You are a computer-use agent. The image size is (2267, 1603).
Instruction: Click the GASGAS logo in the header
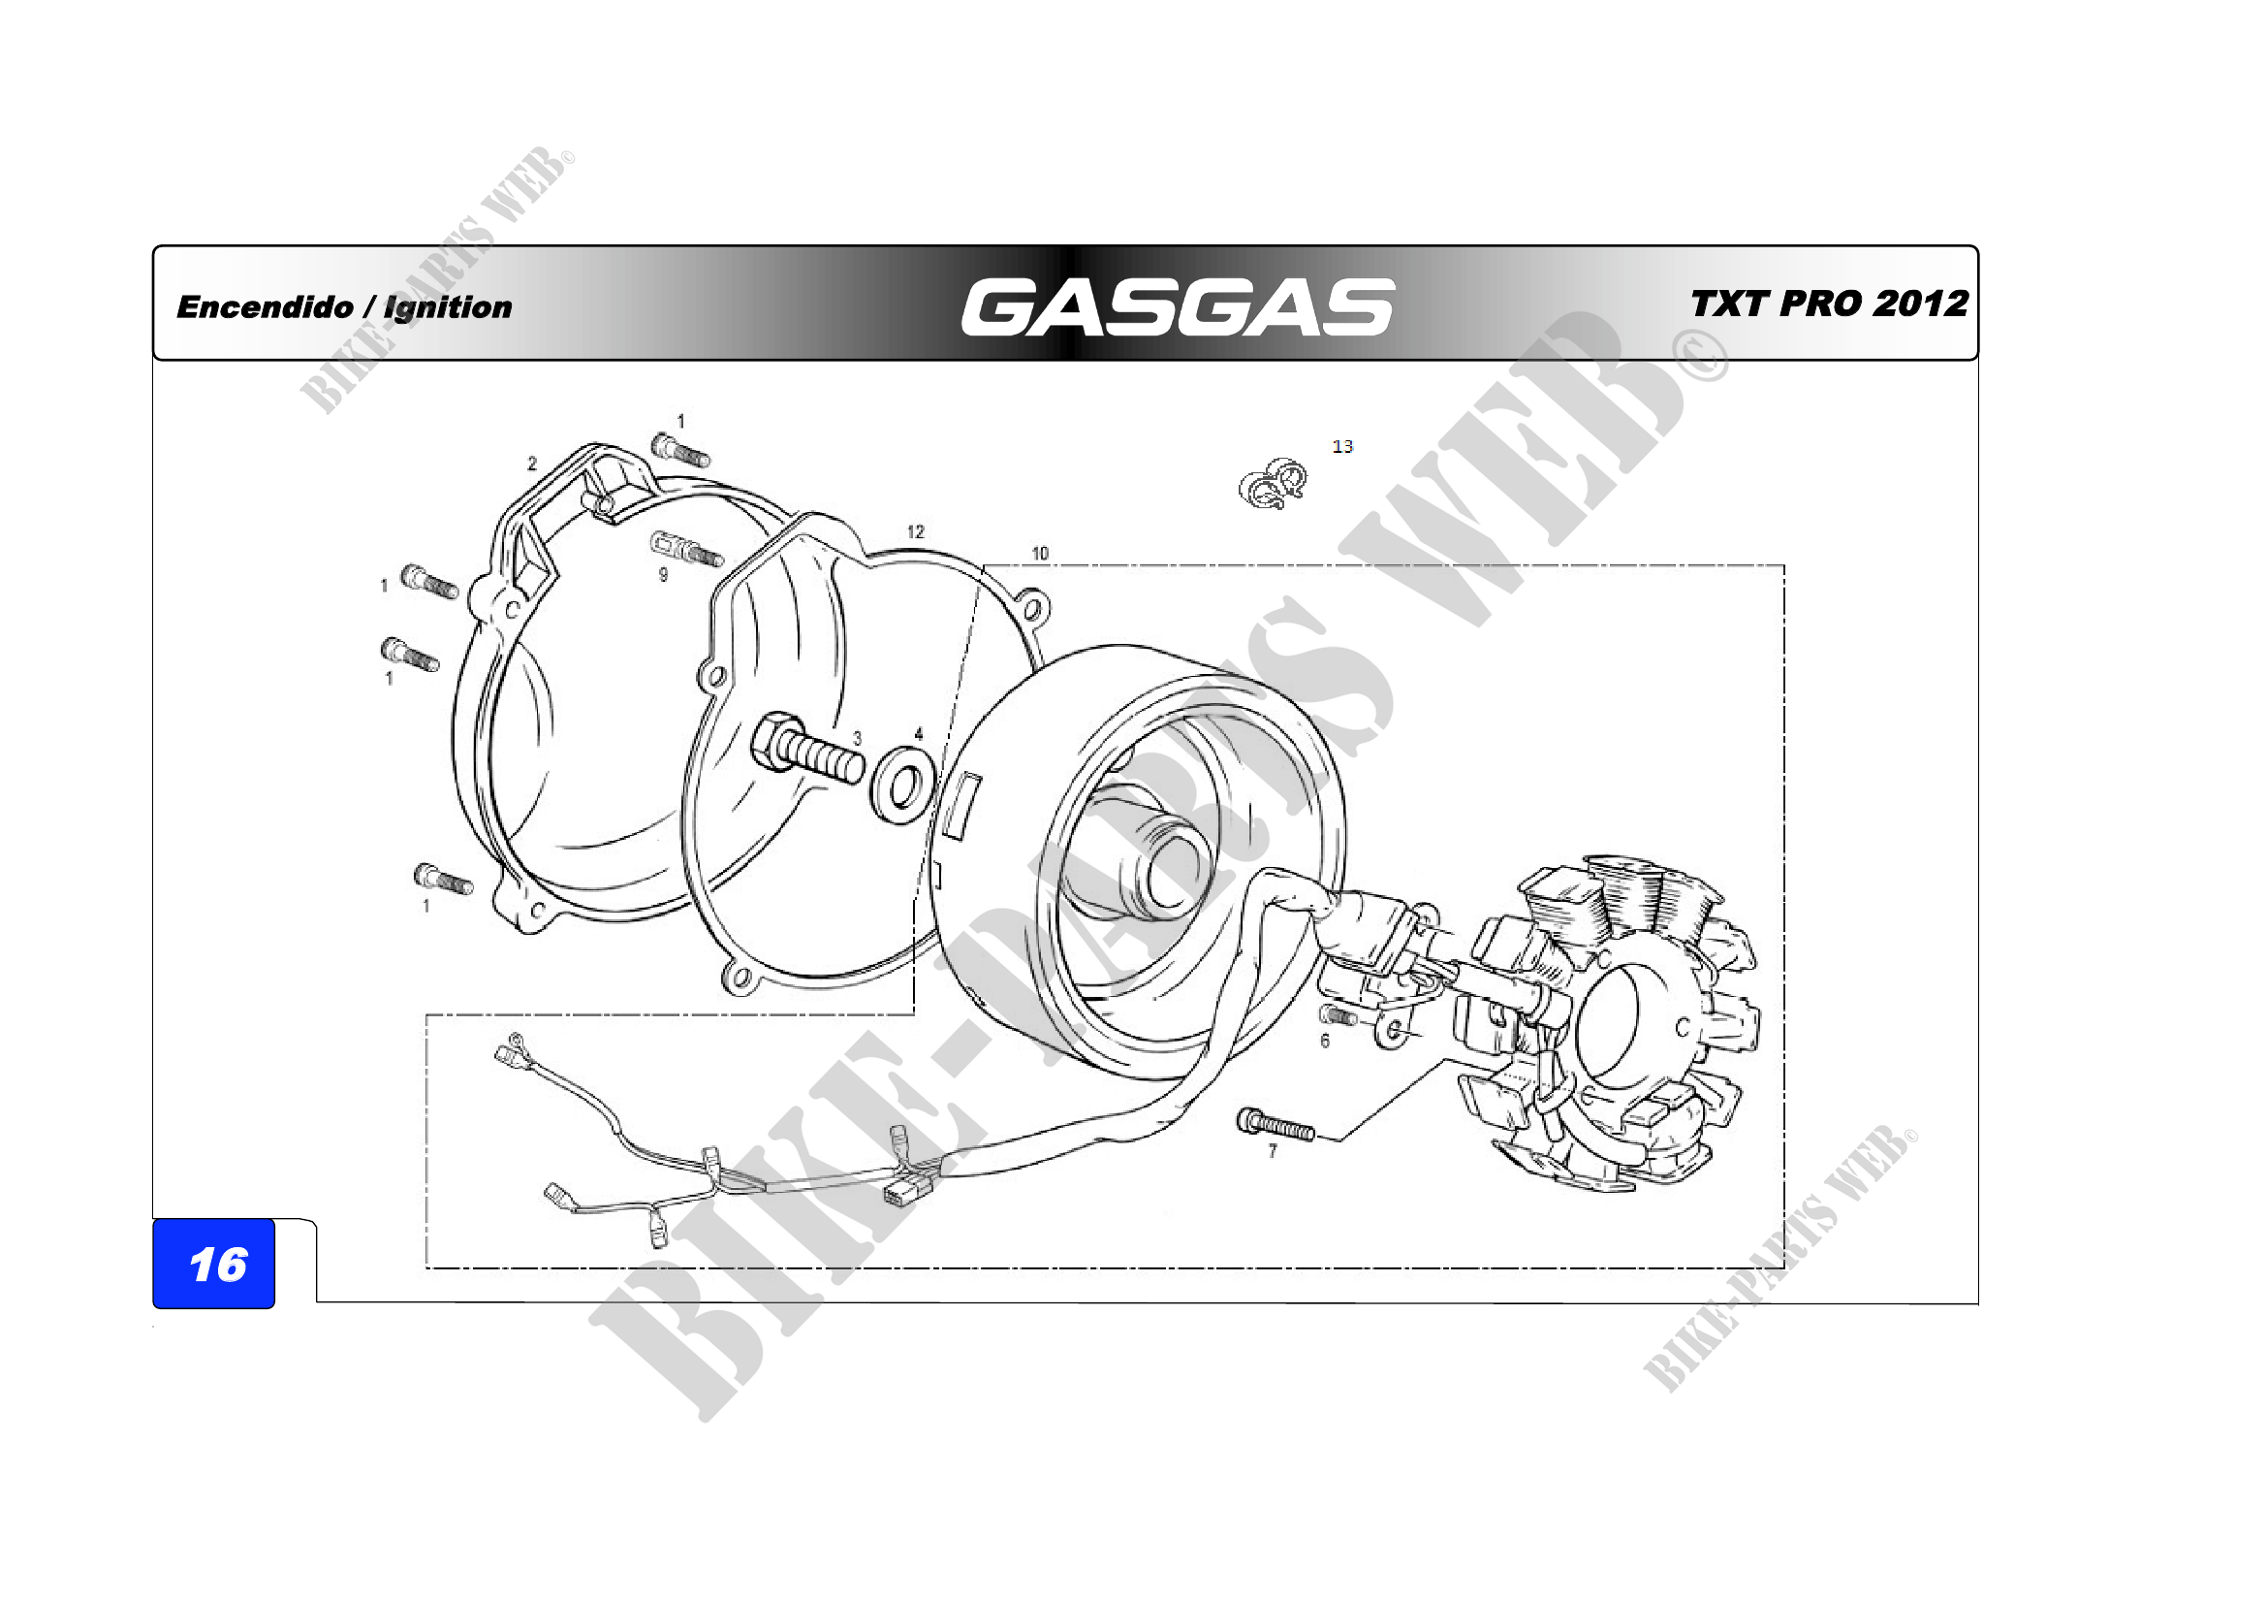click(x=1177, y=306)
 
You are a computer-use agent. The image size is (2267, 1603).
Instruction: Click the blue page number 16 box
click(x=213, y=1264)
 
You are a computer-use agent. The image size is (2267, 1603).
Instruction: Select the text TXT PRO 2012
click(x=1830, y=304)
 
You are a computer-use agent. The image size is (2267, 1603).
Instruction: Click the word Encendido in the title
click(x=265, y=307)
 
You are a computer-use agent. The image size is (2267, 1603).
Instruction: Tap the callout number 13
click(x=1342, y=446)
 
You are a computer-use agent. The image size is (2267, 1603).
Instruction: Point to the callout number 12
click(x=915, y=531)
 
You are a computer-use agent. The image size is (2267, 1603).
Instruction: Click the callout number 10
click(x=1040, y=553)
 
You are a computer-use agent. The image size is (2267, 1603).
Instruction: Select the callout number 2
click(x=532, y=464)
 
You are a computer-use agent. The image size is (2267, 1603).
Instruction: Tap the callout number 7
click(x=1273, y=1151)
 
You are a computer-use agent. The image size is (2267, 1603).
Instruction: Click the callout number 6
click(x=1325, y=1041)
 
